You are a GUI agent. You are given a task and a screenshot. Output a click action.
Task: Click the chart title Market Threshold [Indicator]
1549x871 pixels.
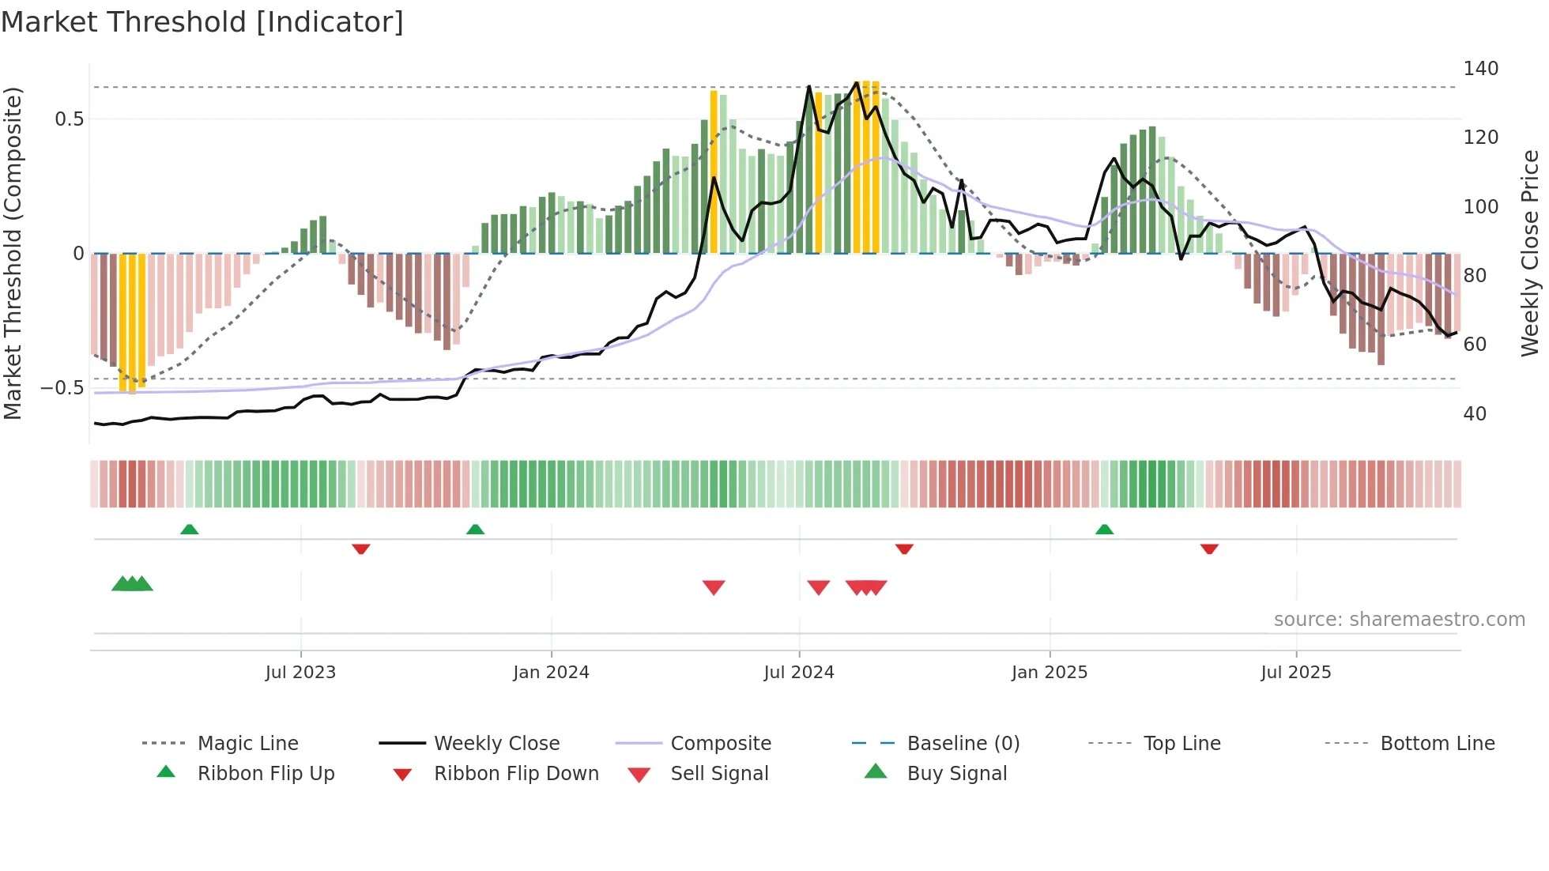[202, 22]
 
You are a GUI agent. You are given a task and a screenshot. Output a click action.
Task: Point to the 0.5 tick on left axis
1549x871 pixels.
[69, 119]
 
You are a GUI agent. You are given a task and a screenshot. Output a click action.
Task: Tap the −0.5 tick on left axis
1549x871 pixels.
[62, 388]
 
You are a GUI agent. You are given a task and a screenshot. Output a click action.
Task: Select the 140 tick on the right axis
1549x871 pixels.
[1480, 69]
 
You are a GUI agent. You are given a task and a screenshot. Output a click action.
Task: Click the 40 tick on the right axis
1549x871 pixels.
[1475, 414]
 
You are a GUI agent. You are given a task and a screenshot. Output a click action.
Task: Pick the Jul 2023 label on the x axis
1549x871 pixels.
[300, 673]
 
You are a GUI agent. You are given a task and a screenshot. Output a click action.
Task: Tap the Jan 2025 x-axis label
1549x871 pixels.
[1049, 673]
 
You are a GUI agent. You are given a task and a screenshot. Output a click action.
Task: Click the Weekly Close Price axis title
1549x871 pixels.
[1530, 253]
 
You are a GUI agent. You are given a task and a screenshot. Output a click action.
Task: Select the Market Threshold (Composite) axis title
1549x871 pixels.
[13, 253]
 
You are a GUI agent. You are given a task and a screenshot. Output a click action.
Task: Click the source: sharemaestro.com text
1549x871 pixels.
[1399, 620]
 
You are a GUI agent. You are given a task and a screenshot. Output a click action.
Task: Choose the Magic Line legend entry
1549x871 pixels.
[247, 744]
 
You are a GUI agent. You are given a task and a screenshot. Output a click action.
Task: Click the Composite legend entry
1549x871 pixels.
[720, 744]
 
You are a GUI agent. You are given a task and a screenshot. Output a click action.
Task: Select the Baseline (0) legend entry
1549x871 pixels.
[963, 744]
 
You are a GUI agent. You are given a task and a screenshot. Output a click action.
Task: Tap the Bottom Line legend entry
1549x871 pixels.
[1437, 744]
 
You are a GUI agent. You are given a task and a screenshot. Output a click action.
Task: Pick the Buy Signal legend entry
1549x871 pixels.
[956, 774]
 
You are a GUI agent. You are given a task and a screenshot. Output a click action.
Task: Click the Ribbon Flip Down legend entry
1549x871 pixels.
[515, 774]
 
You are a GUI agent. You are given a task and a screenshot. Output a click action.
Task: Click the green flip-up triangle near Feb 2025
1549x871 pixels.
[1104, 530]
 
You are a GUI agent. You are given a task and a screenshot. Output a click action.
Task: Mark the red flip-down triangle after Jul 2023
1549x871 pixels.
[361, 549]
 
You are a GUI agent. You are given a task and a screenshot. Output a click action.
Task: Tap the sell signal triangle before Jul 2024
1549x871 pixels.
[714, 587]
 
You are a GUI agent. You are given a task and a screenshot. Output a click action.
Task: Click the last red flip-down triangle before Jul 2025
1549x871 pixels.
[1209, 549]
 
